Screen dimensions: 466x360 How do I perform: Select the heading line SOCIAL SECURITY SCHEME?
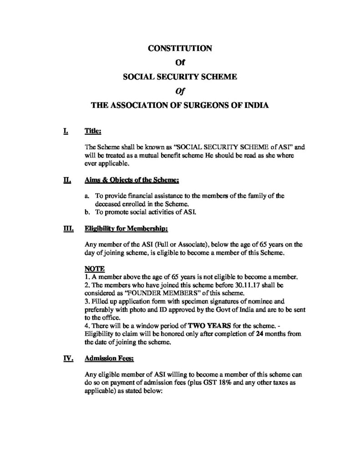(180, 77)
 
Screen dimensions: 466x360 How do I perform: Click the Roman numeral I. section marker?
(66, 132)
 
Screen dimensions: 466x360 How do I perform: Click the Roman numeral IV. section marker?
(67, 359)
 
